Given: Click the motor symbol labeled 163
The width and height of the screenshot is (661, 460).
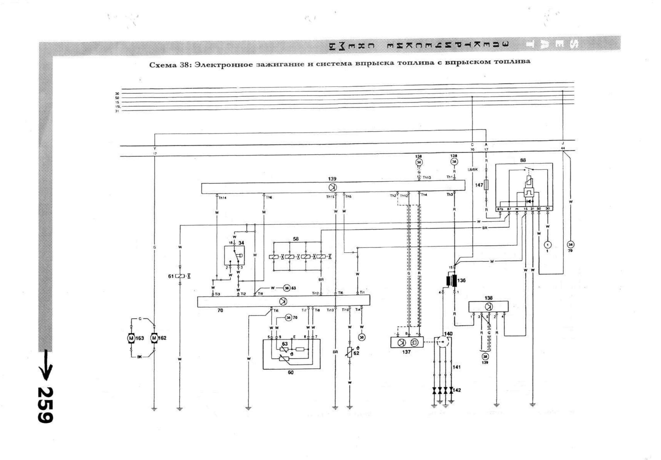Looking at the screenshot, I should (x=131, y=338).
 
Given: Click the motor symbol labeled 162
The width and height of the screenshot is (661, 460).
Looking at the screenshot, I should (x=154, y=338).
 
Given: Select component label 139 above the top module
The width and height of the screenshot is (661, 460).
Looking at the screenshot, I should (x=332, y=179).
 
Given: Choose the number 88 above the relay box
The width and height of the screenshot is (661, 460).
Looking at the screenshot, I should (x=523, y=160).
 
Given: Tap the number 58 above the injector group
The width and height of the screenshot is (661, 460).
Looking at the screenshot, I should (x=296, y=239).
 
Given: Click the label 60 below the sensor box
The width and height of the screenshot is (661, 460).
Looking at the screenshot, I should (x=291, y=373).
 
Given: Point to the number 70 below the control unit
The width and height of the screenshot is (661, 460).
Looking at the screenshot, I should (x=220, y=310).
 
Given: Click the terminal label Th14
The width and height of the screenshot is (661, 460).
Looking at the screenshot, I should (x=222, y=198).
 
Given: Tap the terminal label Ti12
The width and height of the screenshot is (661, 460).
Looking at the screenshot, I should (x=315, y=293).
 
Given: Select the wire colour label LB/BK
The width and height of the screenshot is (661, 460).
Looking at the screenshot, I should (x=473, y=170).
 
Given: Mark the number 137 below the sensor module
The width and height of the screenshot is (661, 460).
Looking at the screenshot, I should (x=406, y=352).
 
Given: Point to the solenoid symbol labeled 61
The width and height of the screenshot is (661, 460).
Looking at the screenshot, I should (x=180, y=276).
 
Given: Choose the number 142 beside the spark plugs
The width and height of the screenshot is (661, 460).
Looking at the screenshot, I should (x=457, y=390).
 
